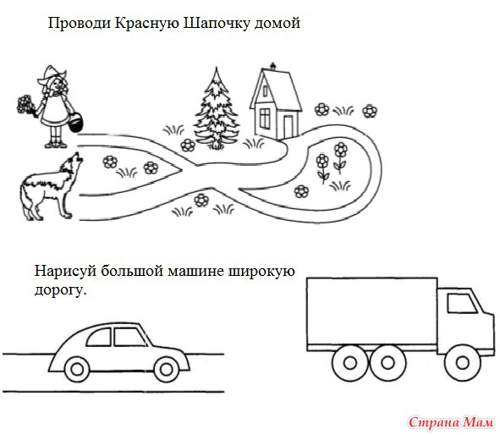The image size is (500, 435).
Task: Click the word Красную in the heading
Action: coord(147,24)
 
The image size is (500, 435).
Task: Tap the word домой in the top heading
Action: coord(277,24)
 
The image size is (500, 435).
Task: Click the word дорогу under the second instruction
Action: coord(60,290)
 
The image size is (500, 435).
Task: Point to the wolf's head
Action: coord(71,163)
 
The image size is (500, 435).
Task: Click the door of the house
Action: coord(288,126)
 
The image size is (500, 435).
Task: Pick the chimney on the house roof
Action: coord(272,66)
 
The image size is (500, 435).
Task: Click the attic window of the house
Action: coord(266,91)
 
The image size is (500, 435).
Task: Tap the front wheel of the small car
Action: coord(166,370)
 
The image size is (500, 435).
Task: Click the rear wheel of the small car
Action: coord(77,370)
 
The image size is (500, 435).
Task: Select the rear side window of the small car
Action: coord(99,338)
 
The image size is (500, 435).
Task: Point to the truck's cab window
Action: coord(462,303)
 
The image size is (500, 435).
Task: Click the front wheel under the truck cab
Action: coord(462,362)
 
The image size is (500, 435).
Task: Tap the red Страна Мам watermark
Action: coord(451,422)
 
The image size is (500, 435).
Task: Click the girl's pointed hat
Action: coord(51,74)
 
